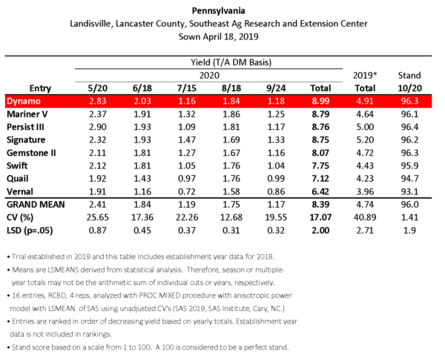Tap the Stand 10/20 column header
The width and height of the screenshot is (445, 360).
coord(409,80)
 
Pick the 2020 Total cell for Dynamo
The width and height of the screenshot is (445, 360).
coord(317,101)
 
